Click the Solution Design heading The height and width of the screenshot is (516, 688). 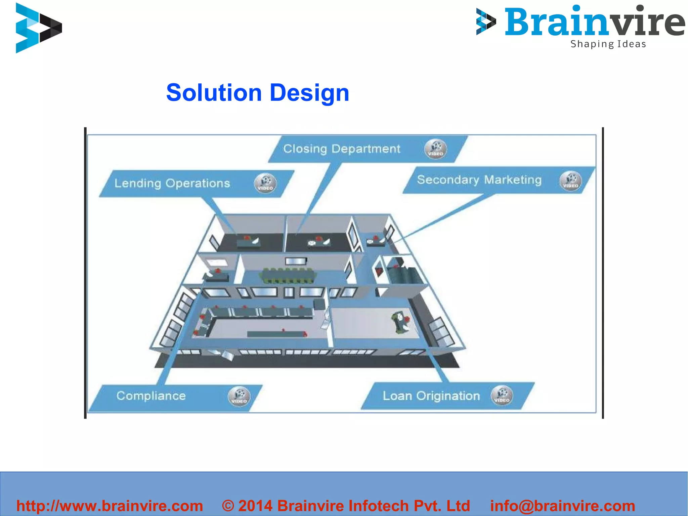tap(258, 92)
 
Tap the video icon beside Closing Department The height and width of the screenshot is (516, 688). tap(436, 149)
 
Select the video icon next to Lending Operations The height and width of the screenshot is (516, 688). tap(265, 183)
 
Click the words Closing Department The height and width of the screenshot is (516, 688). tap(341, 149)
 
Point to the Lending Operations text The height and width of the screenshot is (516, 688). tap(172, 184)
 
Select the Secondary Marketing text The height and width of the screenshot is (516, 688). tap(479, 180)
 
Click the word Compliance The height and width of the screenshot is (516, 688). tap(151, 396)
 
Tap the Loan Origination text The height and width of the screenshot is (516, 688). tap(431, 396)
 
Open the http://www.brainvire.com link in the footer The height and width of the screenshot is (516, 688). tap(110, 506)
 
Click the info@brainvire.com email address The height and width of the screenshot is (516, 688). tap(562, 506)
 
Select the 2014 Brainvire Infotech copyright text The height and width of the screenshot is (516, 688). tap(346, 506)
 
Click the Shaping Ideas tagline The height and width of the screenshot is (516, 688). tap(608, 44)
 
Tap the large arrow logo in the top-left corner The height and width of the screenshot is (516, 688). tap(38, 28)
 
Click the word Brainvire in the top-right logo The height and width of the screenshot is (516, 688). tap(594, 22)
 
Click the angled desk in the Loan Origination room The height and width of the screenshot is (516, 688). tap(400, 322)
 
